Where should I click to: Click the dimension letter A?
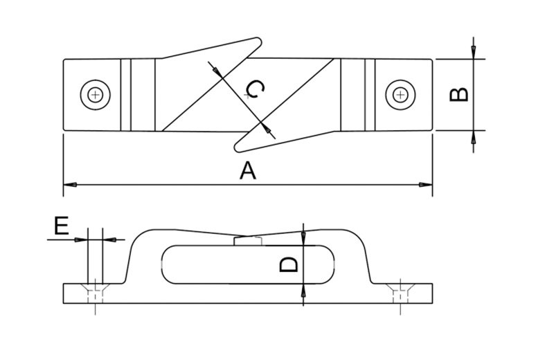(x=247, y=170)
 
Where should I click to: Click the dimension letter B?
(x=460, y=94)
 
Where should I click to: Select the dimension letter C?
(x=255, y=89)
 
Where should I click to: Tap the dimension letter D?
(x=289, y=264)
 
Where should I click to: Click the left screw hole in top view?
(x=95, y=94)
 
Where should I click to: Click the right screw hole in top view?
(x=400, y=94)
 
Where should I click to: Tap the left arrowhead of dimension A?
(x=69, y=185)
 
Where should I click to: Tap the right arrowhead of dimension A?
(x=427, y=185)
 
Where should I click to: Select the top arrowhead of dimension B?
(x=473, y=54)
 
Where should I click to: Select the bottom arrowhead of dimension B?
(x=473, y=136)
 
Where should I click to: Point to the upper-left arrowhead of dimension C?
(x=216, y=69)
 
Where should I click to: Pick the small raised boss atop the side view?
(x=249, y=240)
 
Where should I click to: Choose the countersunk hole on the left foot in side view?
(x=94, y=293)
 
